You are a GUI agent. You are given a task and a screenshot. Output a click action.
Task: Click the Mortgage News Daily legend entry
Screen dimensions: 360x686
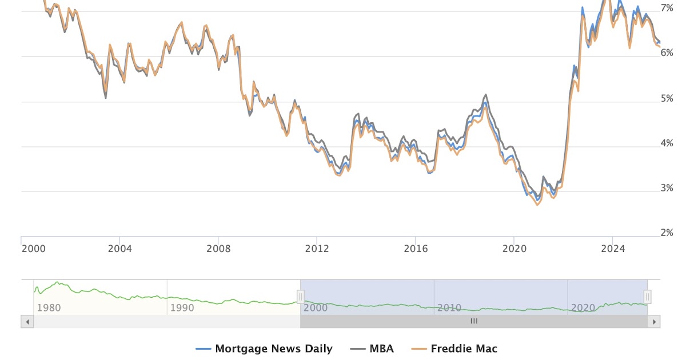(264, 349)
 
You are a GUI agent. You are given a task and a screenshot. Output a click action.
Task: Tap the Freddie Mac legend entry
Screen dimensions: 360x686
(456, 349)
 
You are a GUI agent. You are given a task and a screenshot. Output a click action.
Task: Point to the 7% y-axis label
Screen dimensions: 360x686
(667, 8)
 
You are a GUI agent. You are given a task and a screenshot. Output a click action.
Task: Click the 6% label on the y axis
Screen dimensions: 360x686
(667, 53)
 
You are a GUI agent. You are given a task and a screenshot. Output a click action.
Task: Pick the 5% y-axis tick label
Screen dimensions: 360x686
(667, 98)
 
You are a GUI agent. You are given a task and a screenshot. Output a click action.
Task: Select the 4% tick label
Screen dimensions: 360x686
(667, 143)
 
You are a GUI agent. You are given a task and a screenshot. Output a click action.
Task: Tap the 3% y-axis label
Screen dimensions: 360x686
(667, 188)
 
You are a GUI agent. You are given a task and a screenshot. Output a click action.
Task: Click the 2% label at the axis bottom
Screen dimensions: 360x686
(667, 233)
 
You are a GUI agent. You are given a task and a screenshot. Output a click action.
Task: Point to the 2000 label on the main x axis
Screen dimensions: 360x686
(34, 249)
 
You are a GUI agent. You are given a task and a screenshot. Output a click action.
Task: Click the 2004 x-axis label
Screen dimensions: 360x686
(119, 249)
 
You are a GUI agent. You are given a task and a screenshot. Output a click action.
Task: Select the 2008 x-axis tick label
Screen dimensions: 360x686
(218, 249)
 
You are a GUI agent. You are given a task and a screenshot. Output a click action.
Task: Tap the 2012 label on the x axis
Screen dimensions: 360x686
(317, 249)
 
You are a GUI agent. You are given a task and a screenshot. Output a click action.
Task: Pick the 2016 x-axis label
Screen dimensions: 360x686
(416, 249)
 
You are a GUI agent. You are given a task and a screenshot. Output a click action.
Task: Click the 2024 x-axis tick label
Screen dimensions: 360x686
(613, 249)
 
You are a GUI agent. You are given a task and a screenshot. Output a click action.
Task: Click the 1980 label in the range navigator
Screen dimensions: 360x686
(49, 308)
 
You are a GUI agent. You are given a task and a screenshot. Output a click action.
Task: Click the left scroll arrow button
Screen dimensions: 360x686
(27, 322)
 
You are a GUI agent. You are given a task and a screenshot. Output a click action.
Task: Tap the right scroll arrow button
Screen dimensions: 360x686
(654, 322)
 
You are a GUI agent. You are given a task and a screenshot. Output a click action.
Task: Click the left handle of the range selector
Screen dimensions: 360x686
(301, 297)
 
